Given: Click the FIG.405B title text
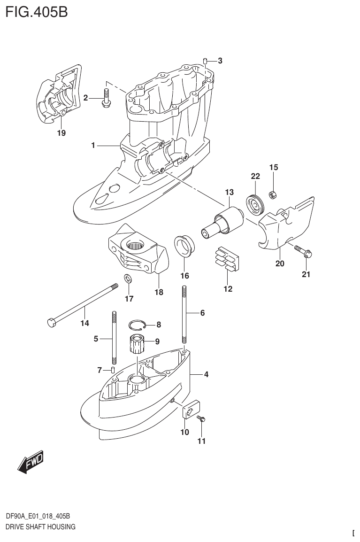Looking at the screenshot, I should pyautogui.click(x=37, y=11).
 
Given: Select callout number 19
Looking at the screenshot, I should pyautogui.click(x=61, y=133).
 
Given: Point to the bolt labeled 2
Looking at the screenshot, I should pyautogui.click(x=107, y=98).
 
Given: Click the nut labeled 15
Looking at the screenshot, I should pyautogui.click(x=272, y=194).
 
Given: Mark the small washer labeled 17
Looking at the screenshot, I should pyautogui.click(x=128, y=279).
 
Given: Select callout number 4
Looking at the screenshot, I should pyautogui.click(x=206, y=374).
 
